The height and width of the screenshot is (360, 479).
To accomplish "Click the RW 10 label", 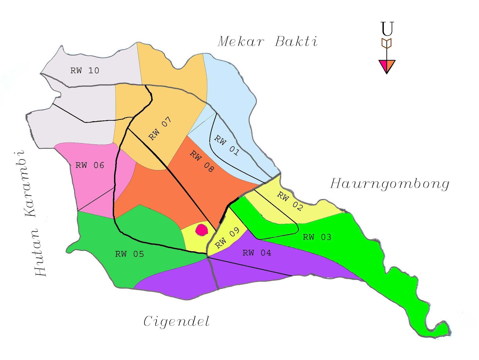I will coord(84,71).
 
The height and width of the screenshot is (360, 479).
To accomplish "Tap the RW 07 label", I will coord(160,128).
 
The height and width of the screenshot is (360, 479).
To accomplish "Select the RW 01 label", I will coord(227,145).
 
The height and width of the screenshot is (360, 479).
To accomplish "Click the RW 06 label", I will coord(90,165).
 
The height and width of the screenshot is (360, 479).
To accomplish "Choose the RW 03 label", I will coord(317,237).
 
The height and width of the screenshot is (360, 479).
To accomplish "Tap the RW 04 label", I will coord(257,253).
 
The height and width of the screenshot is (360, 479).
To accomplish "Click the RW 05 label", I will coord(129,254).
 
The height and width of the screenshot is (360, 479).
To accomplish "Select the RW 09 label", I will coord(228,238).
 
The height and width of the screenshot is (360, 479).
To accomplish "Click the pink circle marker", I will coord(201,230).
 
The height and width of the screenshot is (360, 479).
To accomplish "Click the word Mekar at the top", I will coord(241,42).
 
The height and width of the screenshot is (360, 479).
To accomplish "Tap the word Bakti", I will coord(296,42).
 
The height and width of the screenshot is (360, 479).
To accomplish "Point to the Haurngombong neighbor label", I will coord(389,184).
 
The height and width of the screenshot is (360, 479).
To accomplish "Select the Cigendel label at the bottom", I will coord(177,322).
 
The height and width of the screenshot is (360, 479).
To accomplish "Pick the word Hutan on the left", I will coord(39,252).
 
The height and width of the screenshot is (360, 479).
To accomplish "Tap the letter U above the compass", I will coord(387,29).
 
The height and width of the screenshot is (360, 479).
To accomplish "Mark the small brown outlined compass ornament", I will coord(386,43).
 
